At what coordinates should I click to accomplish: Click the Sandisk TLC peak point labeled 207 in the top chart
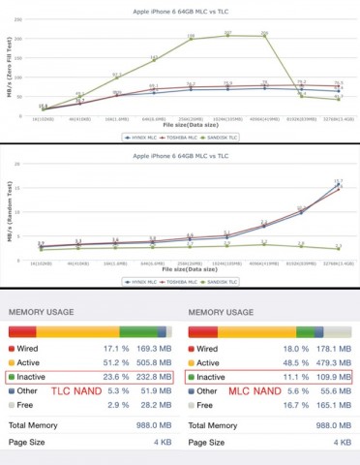pos(227,36)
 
